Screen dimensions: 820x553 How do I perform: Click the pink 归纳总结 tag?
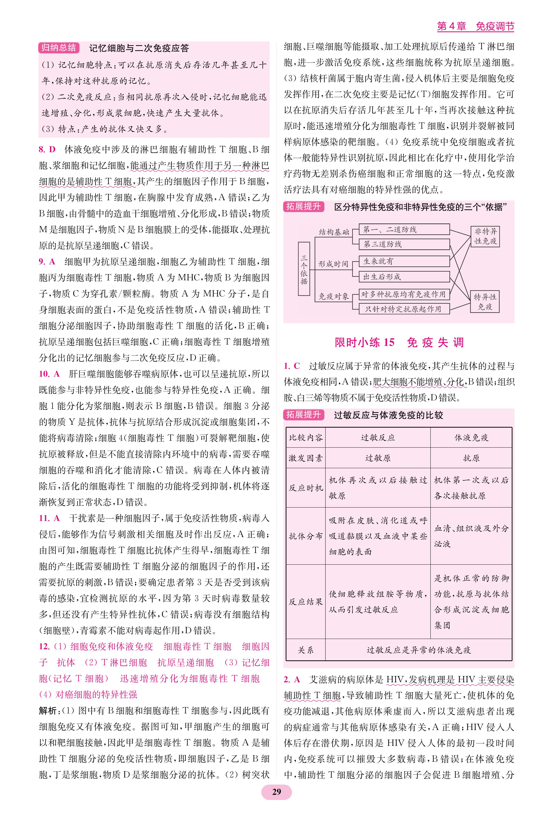[58, 48]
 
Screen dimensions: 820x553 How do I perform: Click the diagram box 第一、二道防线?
[404, 230]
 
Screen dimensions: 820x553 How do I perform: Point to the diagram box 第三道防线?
[404, 244]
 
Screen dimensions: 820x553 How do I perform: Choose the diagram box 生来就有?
[404, 261]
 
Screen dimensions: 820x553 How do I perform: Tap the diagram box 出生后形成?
[404, 277]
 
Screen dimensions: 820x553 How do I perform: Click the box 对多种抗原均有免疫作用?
[404, 294]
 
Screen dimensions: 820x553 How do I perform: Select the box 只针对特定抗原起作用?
[404, 309]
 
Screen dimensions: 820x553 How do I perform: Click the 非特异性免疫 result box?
[485, 236]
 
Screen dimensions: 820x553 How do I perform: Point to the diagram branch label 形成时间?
[333, 264]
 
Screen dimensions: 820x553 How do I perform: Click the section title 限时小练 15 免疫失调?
[399, 343]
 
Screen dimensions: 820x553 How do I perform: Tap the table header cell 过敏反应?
[378, 438]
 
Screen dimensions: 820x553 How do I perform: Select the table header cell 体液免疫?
[471, 438]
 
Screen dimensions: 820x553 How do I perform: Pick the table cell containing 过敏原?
[378, 458]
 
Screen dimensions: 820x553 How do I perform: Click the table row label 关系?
[306, 650]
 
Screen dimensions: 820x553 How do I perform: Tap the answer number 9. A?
[47, 262]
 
